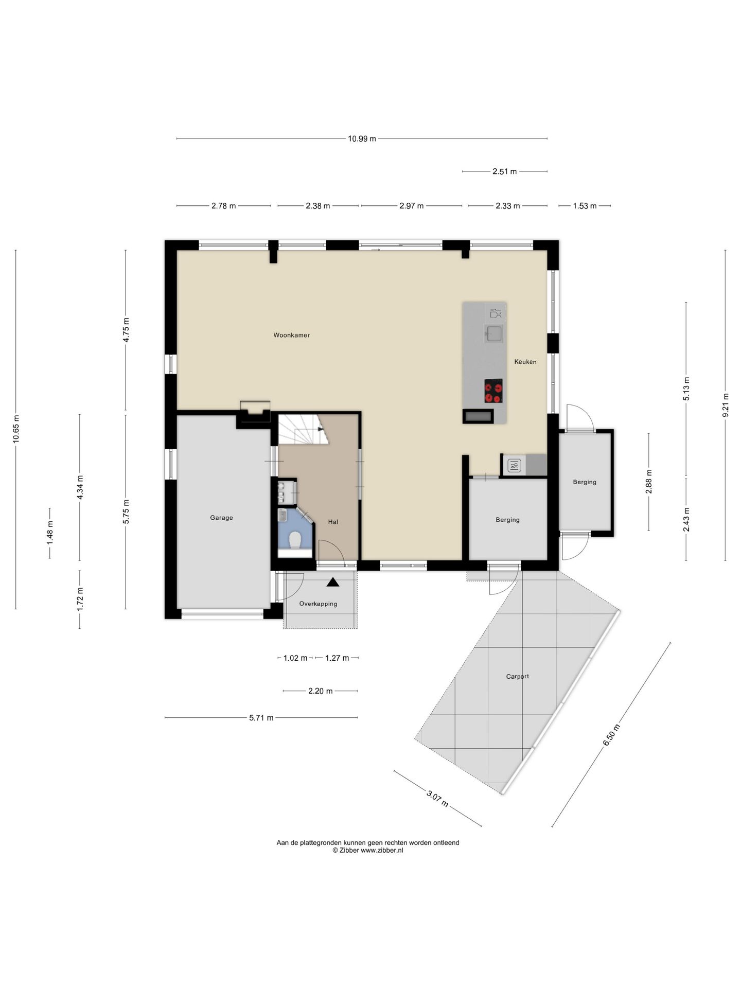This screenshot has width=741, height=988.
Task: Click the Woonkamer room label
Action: (291, 335)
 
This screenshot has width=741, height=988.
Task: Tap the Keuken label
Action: (525, 362)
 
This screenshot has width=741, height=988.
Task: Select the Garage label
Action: (221, 518)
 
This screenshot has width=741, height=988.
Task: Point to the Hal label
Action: (333, 522)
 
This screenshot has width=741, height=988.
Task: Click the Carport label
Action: (517, 676)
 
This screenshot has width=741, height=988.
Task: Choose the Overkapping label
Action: (318, 604)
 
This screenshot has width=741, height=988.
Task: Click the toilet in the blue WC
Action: (295, 540)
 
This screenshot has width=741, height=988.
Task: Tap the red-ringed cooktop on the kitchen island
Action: (493, 391)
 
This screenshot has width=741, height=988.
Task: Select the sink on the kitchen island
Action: (494, 333)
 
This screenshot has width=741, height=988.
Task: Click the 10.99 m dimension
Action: (362, 138)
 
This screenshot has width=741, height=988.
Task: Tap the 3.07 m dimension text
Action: (437, 799)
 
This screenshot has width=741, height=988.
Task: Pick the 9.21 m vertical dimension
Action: (726, 405)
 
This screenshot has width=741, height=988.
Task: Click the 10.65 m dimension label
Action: (16, 429)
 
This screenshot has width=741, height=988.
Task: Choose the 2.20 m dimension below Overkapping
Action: (320, 691)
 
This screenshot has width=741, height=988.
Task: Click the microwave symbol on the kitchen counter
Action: (515, 466)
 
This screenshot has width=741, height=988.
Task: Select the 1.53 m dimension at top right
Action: (585, 206)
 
